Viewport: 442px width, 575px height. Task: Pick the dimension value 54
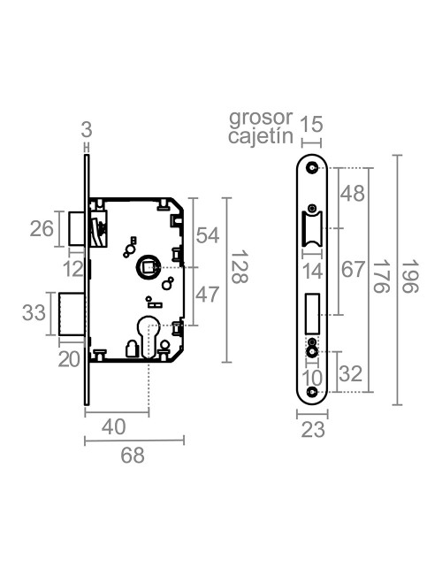click(207, 235)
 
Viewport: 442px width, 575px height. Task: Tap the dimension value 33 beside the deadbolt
click(34, 313)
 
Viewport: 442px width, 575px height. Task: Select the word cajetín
click(259, 136)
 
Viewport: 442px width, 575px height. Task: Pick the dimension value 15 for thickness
click(311, 126)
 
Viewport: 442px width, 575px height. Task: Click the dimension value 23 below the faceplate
click(311, 430)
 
